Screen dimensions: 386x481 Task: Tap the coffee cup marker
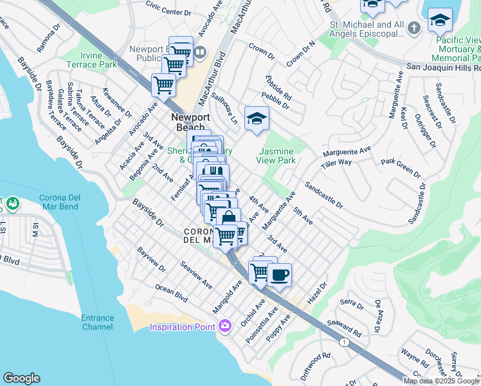coord(278,276)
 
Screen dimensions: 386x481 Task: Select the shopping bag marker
coord(228,219)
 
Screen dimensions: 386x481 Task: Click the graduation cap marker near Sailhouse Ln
coord(257,118)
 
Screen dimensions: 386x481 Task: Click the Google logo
coord(21,378)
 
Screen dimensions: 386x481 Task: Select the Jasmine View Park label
coord(276,155)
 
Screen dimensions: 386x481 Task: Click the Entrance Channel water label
coord(98,322)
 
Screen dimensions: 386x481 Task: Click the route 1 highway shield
coord(345,341)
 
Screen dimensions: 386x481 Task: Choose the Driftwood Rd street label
coord(315,363)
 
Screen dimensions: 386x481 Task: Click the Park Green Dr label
coord(401,168)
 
